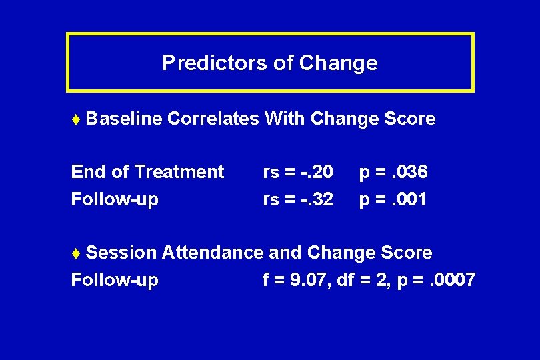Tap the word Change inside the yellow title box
pos(338,63)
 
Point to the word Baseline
pos(124,119)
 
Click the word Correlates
pos(213,119)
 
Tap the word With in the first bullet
pos(285,119)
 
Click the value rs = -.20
pos(298,172)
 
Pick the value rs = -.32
pos(298,199)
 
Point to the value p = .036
pos(393,172)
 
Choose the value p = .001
pos(393,199)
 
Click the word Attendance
pos(213,253)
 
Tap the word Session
pos(121,253)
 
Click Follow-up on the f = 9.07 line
pos(115,280)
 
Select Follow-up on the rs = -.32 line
pos(115,199)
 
